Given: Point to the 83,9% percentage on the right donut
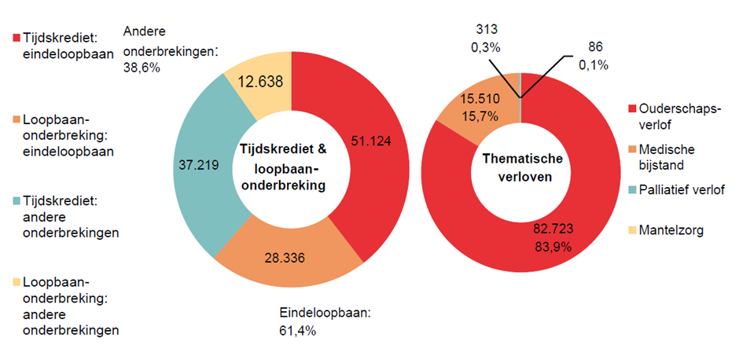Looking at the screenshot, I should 552,247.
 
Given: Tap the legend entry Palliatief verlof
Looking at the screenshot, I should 681,189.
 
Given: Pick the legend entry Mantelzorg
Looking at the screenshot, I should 671,230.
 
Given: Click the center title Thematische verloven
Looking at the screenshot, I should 520,167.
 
